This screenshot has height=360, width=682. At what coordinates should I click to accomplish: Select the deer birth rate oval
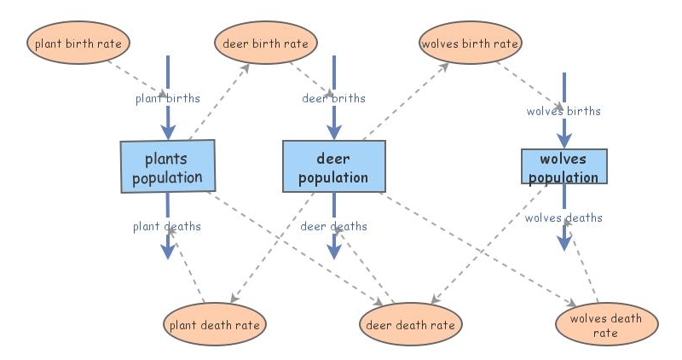coord(266,43)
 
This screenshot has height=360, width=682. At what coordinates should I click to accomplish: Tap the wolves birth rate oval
coord(470,42)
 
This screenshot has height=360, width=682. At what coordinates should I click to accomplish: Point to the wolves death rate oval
coord(606,326)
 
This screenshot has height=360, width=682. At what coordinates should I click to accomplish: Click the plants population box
coord(167,167)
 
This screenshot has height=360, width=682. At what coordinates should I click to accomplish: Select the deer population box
coord(333,167)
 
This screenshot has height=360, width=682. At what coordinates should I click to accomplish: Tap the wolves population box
coord(564,167)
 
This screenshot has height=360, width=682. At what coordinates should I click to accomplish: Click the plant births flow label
coord(168,97)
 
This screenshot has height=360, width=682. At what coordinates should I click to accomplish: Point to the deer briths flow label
coord(333,97)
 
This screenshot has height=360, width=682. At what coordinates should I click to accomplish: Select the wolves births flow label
coord(564,111)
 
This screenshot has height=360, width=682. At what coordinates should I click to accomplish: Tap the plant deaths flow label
coord(167,226)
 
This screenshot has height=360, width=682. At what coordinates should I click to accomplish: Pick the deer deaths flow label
coord(333,226)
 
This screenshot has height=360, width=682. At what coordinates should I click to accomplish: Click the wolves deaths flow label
coord(564,218)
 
